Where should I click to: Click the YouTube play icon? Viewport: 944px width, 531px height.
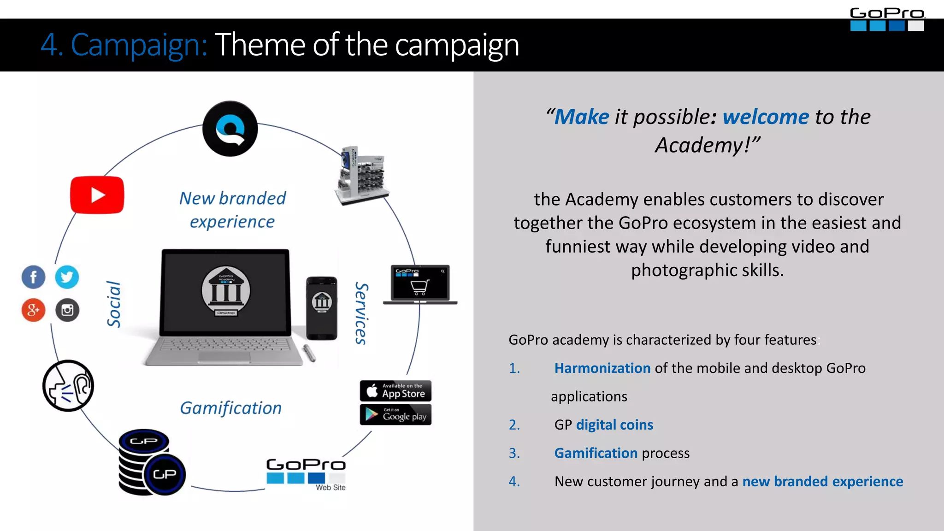(x=97, y=195)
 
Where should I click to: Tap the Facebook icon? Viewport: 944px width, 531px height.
(x=33, y=277)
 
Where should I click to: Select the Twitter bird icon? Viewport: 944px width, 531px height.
(x=67, y=277)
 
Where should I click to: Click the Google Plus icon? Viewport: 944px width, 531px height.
(x=33, y=310)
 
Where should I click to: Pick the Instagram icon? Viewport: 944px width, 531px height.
(x=67, y=310)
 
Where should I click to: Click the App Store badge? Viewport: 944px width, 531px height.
(x=395, y=391)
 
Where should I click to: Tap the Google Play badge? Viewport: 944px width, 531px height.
(x=395, y=415)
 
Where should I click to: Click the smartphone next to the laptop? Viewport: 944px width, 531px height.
(x=322, y=308)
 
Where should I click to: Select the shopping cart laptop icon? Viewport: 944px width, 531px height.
(x=420, y=284)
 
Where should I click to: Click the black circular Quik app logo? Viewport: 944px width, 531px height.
(x=230, y=129)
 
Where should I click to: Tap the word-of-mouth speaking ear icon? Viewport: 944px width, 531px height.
(x=68, y=386)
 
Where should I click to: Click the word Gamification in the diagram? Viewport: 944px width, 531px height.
(x=230, y=408)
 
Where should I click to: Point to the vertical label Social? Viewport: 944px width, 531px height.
(x=113, y=304)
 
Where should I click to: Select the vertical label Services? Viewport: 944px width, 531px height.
(x=361, y=313)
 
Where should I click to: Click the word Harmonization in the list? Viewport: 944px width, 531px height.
(x=602, y=368)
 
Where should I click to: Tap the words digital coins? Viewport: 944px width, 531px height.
(x=614, y=425)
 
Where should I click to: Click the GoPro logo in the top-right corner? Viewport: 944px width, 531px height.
(x=887, y=19)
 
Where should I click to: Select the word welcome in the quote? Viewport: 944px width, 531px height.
(x=765, y=117)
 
